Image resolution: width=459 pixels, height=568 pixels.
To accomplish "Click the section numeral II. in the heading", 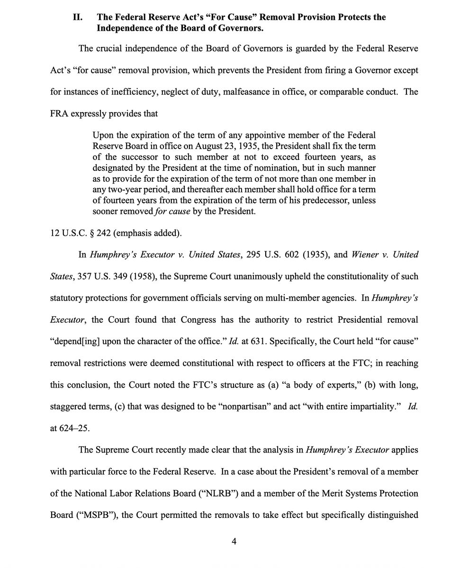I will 78,17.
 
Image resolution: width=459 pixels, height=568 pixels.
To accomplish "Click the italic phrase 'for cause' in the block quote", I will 173,211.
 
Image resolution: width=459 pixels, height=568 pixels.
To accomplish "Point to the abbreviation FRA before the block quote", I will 61,114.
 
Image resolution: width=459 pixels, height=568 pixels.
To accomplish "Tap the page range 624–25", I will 74,428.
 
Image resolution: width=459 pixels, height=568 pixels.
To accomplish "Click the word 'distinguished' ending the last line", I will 393,515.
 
